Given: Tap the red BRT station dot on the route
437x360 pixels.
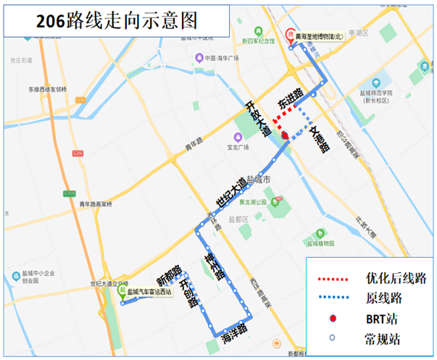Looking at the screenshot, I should pyautogui.click(x=285, y=135).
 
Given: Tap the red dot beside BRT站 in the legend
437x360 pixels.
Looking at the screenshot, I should pyautogui.click(x=331, y=319).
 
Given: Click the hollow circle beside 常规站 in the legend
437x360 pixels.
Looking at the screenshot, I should pyautogui.click(x=331, y=337).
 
